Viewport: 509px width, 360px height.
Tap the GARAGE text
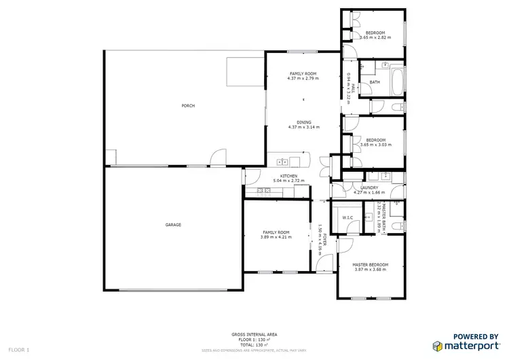tap(172, 225)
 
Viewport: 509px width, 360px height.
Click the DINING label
tap(303, 122)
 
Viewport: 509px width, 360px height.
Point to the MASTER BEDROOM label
tap(370, 264)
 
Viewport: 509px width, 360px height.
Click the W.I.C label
tap(347, 217)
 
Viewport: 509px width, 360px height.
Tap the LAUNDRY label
tap(369, 187)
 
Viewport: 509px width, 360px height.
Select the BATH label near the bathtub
tap(375, 83)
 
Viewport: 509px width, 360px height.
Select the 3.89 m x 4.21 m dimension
tap(276, 237)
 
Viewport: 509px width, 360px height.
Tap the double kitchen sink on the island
tap(283, 162)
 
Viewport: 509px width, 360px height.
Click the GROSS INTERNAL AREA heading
tap(254, 335)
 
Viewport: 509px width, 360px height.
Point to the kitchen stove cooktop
tap(263, 192)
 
